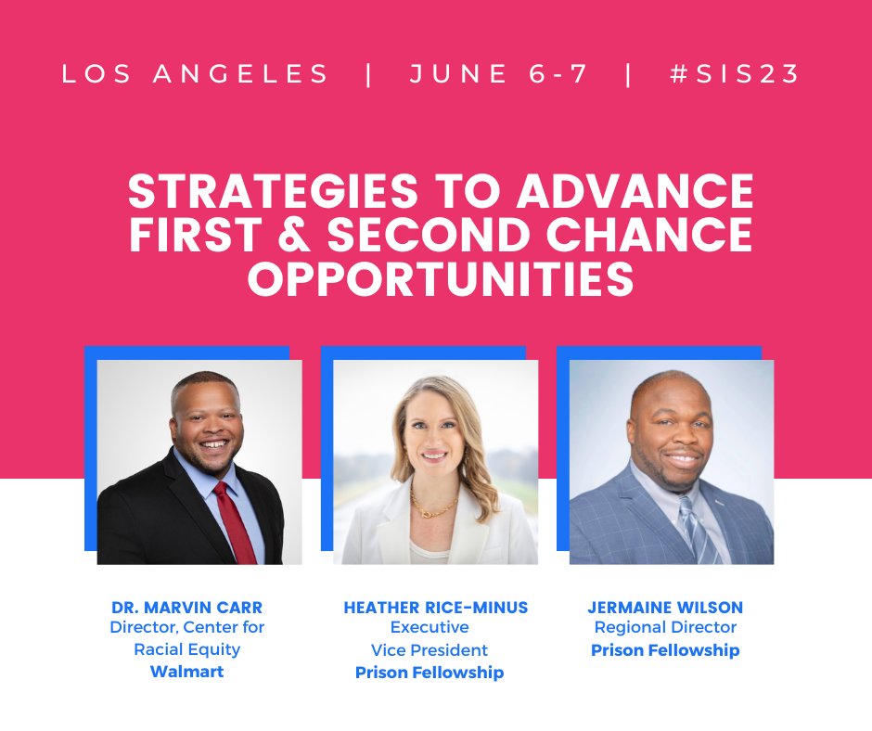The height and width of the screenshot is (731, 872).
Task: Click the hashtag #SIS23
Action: tap(735, 74)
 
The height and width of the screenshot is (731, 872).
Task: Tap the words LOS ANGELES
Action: tap(196, 74)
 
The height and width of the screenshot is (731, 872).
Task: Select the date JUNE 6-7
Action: tap(498, 74)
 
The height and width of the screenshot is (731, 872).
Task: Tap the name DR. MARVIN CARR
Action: tap(186, 608)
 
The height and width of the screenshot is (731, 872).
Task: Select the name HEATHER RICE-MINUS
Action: tap(435, 608)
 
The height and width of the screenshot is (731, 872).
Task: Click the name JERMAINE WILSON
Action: tap(665, 608)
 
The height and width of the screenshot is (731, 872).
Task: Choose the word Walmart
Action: tap(186, 672)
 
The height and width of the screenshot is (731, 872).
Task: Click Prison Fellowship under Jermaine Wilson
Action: tap(665, 650)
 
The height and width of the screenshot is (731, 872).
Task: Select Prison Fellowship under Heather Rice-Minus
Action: tap(430, 673)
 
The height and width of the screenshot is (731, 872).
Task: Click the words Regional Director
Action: tap(665, 628)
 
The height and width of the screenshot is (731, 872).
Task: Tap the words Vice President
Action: tap(430, 650)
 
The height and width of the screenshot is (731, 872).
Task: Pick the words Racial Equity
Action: tap(186, 649)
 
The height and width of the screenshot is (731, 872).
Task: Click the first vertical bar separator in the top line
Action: tap(370, 74)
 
